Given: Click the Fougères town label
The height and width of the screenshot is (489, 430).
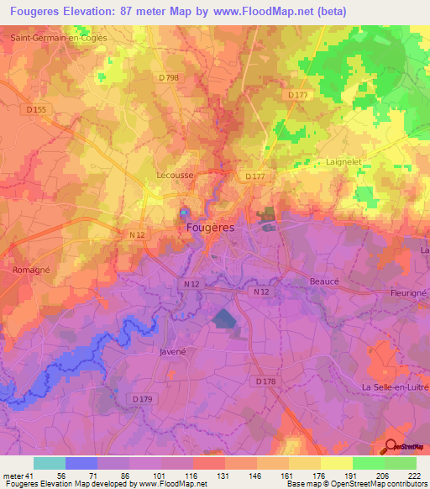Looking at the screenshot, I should click(x=209, y=228).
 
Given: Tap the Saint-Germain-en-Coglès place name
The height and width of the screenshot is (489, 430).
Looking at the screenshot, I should click(x=53, y=38).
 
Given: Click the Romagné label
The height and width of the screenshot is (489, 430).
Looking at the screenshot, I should click(x=32, y=271).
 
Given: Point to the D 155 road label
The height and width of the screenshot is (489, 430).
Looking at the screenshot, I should click(x=35, y=109).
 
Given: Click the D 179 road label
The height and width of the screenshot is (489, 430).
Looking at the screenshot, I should click(x=142, y=398).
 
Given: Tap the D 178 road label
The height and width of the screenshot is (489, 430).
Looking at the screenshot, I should click(x=265, y=382).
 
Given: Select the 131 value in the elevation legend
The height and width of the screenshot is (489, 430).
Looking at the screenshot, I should click(x=225, y=475).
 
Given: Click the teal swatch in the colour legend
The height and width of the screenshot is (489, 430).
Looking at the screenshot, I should click(x=49, y=463).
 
